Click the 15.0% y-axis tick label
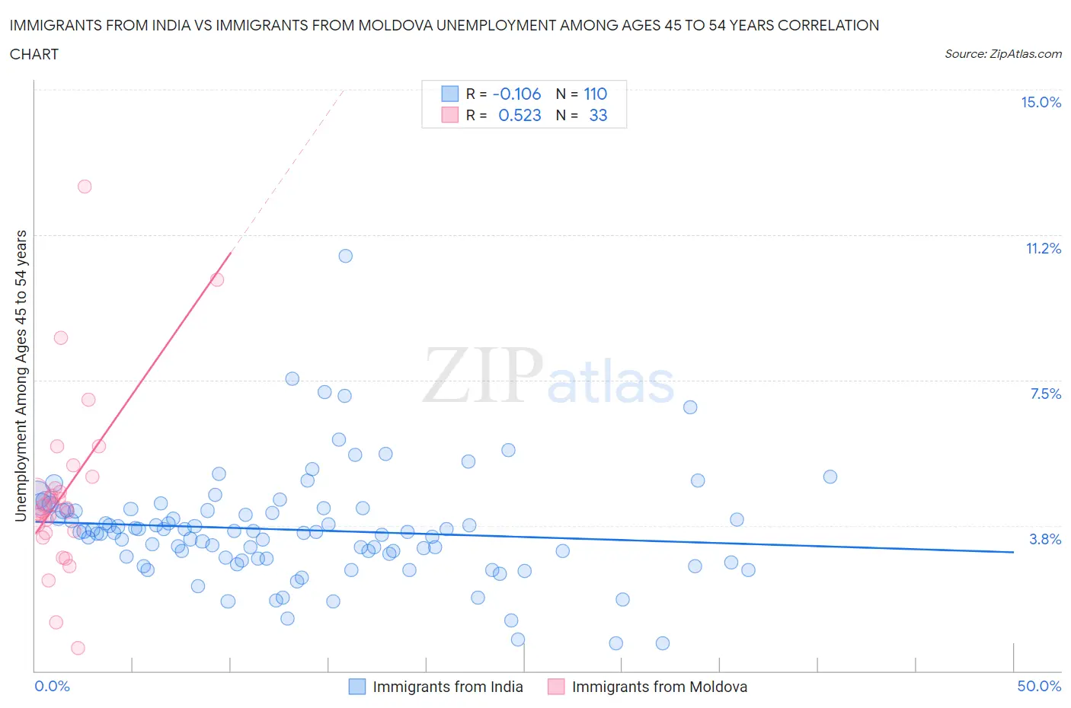point(1041,103)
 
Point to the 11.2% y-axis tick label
point(1043,249)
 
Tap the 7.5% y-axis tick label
point(1045,394)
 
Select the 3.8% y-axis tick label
point(1045,539)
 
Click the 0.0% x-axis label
point(52,686)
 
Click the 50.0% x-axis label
point(1039,686)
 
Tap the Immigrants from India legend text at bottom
point(447,687)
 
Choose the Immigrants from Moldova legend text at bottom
point(659,687)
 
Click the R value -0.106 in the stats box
point(516,94)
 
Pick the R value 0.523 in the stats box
point(520,115)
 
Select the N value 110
point(595,94)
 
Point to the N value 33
point(598,115)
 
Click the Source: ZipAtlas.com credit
point(1002,54)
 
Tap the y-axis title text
point(21,375)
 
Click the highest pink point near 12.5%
point(85,187)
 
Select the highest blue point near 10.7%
point(345,256)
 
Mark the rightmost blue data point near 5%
point(830,477)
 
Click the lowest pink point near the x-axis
point(78,648)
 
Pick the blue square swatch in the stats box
point(450,94)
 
